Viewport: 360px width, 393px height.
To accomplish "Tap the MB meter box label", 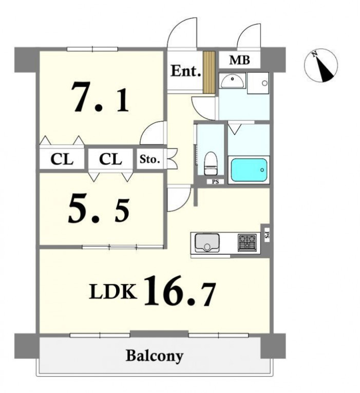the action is click(239, 60).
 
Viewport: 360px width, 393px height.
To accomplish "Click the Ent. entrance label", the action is click(186, 71).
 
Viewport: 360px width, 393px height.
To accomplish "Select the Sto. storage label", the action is click(149, 159).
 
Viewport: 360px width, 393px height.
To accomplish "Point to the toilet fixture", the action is click(211, 163).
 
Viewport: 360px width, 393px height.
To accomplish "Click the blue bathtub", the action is click(249, 170).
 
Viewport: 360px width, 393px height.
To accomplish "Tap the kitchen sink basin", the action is click(207, 242).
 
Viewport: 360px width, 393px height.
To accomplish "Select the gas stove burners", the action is click(247, 242).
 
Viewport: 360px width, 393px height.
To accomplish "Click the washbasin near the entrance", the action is click(232, 80).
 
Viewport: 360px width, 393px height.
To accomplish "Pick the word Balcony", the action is click(154, 356).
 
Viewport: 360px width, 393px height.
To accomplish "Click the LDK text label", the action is click(113, 291).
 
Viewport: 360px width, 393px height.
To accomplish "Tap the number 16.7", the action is click(180, 291).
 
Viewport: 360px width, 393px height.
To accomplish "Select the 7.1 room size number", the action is click(100, 97).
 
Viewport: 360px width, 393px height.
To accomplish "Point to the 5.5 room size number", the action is click(99, 210).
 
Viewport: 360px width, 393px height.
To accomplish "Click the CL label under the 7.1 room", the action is click(62, 159).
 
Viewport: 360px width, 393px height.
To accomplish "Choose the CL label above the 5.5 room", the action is click(110, 159).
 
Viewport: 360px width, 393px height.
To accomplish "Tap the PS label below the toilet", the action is click(215, 182).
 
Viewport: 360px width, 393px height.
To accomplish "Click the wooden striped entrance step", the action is click(209, 72).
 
